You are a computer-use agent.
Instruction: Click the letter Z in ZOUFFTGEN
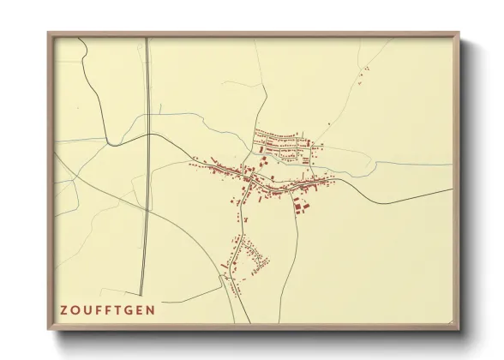click(63, 309)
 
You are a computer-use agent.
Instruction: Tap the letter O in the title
click(75, 309)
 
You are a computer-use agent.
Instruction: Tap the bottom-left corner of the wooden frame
click(49, 329)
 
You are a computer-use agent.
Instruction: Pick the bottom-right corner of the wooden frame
click(459, 329)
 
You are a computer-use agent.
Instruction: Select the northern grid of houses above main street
click(287, 146)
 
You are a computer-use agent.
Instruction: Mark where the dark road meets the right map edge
click(452, 189)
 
